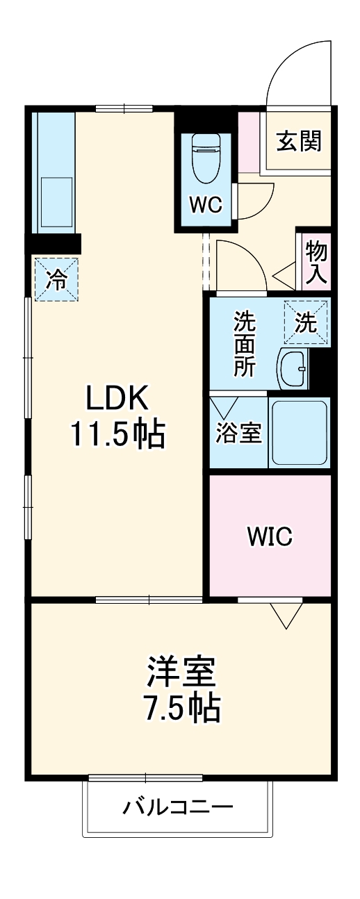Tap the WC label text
pyautogui.click(x=206, y=206)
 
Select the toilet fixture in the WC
pyautogui.click(x=206, y=159)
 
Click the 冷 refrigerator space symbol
pyautogui.click(x=56, y=279)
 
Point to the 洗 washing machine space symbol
pyautogui.click(x=306, y=322)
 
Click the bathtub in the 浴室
pyautogui.click(x=300, y=432)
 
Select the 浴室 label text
pyautogui.click(x=239, y=433)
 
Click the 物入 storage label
pyautogui.click(x=316, y=263)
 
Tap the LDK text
pyautogui.click(x=116, y=397)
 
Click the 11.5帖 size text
pyautogui.click(x=117, y=435)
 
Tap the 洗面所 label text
pyautogui.click(x=245, y=344)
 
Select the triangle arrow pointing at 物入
pyautogui.click(x=284, y=276)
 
